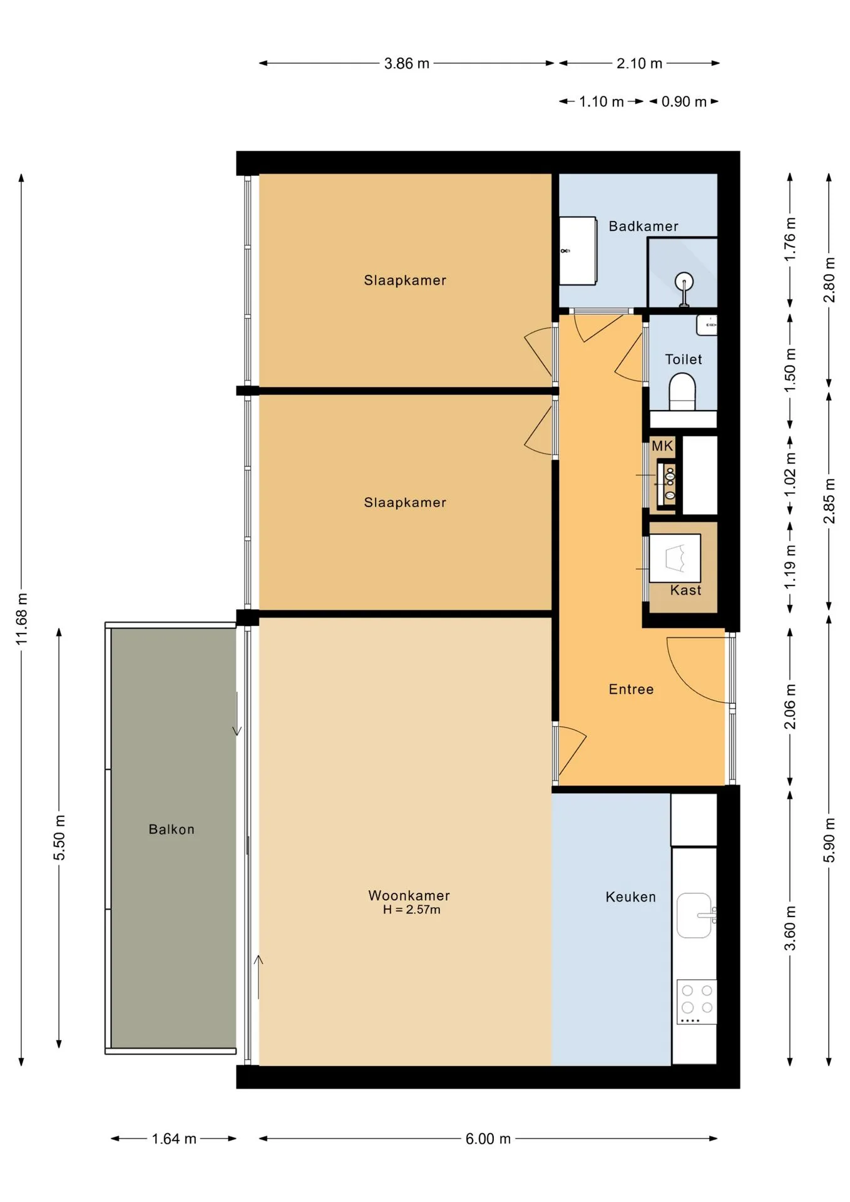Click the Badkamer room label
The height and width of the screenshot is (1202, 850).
pyautogui.click(x=643, y=226)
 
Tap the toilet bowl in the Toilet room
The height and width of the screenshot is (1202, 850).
pyautogui.click(x=682, y=391)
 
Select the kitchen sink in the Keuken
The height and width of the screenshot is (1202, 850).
pyautogui.click(x=695, y=915)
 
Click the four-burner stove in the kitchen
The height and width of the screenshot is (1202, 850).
pyautogui.click(x=697, y=1002)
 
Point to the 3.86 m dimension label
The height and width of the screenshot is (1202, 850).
pyautogui.click(x=407, y=63)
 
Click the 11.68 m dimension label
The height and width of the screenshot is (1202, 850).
pyautogui.click(x=22, y=619)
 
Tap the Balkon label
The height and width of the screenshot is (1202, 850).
pyautogui.click(x=172, y=830)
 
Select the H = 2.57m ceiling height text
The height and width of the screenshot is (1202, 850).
pyautogui.click(x=412, y=910)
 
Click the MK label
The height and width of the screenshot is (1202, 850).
pyautogui.click(x=662, y=446)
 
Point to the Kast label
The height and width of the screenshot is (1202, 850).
pyautogui.click(x=686, y=590)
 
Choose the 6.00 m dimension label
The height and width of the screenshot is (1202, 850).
pyautogui.click(x=488, y=1139)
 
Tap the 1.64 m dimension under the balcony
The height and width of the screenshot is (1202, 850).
pyautogui.click(x=174, y=1139)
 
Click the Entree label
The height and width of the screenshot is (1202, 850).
pyautogui.click(x=631, y=689)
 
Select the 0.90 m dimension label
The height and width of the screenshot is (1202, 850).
pyautogui.click(x=684, y=101)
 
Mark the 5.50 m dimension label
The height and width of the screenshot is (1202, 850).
pyautogui.click(x=59, y=838)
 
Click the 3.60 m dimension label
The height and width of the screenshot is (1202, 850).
pyautogui.click(x=791, y=928)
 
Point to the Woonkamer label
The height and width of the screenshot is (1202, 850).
pyautogui.click(x=409, y=895)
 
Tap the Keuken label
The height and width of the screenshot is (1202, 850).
pyautogui.click(x=631, y=897)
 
